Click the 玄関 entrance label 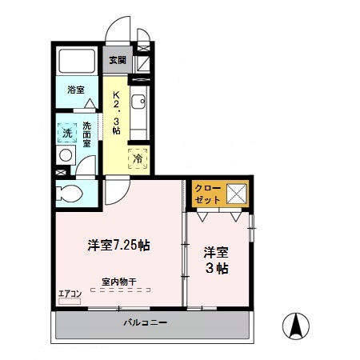[x=117, y=60]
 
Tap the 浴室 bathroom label [x=75, y=91]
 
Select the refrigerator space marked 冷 [x=138, y=158]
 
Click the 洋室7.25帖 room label [x=118, y=246]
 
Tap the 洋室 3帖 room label [x=216, y=259]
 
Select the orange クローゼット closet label [x=206, y=194]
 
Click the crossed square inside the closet [x=236, y=194]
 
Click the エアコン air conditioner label [x=70, y=294]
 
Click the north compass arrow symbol [x=297, y=326]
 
